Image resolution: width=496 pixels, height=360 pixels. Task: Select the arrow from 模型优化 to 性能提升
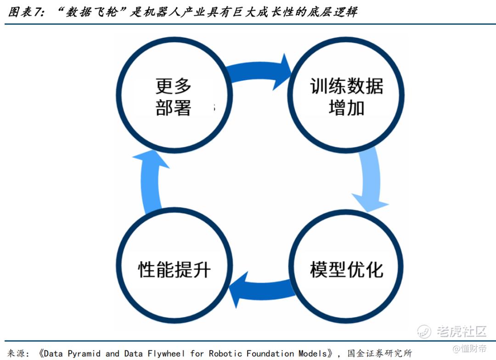click(263, 289)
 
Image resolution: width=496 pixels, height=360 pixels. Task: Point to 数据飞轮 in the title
click(92, 12)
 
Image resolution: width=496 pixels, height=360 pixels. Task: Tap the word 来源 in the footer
click(16, 353)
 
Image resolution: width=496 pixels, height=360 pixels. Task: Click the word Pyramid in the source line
click(84, 354)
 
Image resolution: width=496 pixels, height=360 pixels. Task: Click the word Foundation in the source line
click(271, 353)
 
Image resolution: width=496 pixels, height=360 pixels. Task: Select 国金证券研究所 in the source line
click(380, 353)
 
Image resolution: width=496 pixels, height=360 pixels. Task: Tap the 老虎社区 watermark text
click(462, 331)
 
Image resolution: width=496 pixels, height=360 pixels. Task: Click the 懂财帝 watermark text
click(473, 349)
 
